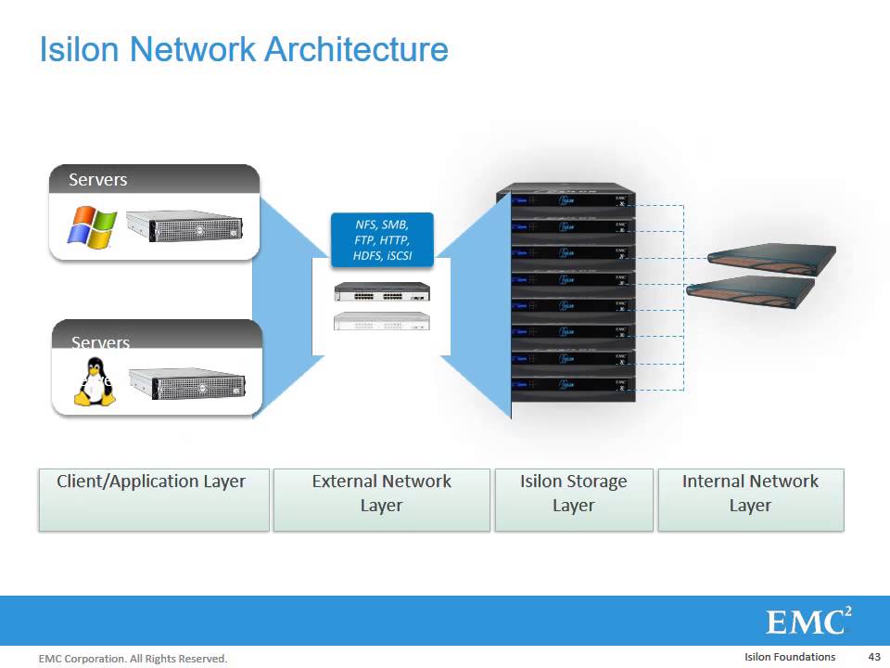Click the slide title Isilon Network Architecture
coord(243,49)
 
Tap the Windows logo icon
coord(91,226)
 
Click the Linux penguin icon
coord(94,384)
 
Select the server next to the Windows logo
coord(184,226)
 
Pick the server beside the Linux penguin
coord(190,383)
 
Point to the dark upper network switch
coord(382,292)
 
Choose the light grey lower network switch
coord(382,321)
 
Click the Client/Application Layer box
coord(153,499)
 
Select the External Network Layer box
coord(381,499)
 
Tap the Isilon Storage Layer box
coord(573,499)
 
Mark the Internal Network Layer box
coord(750,499)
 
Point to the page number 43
coord(873,657)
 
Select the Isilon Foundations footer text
coord(789,657)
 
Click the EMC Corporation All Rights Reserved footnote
coord(133,659)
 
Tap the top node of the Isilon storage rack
coord(567,199)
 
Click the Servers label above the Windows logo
coord(98,180)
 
